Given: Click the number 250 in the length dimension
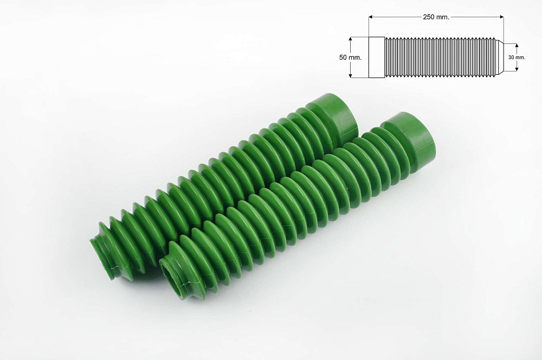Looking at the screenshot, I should (429, 17).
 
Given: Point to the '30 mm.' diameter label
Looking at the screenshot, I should (517, 57).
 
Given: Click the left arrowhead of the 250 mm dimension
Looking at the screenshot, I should (371, 17).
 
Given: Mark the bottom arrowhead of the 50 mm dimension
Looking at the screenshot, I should (351, 76).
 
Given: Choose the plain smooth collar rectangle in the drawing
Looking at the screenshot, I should (377, 57).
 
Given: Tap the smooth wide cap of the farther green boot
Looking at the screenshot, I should (333, 117).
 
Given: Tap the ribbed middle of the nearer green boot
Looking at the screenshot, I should (282, 211).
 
